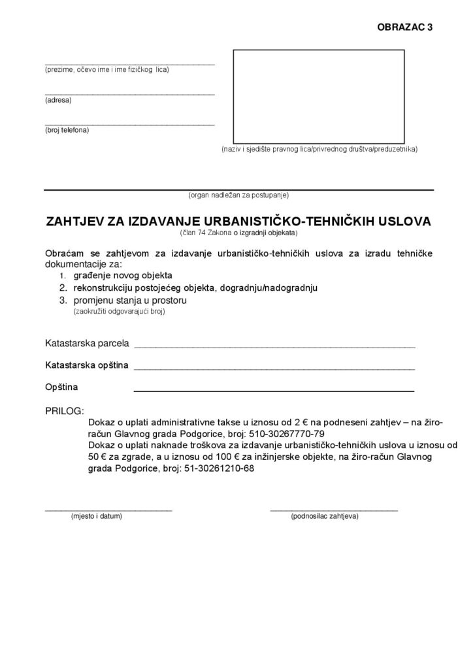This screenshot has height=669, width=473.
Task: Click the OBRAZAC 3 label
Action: (x=405, y=27)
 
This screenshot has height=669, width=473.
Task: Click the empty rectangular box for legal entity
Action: (x=319, y=95)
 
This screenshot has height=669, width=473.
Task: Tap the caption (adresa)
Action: (x=58, y=100)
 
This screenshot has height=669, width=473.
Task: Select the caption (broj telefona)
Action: (x=67, y=130)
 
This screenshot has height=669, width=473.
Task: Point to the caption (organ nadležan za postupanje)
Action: (x=238, y=195)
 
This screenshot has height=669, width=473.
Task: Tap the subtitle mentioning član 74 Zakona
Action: (x=238, y=233)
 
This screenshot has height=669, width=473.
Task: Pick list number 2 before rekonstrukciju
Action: (x=62, y=287)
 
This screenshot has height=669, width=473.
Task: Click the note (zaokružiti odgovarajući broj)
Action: (x=119, y=312)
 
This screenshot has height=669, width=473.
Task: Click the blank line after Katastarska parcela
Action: (x=274, y=346)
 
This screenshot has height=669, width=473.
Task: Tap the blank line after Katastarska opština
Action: (x=274, y=368)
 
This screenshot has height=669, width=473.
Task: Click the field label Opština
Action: (x=61, y=387)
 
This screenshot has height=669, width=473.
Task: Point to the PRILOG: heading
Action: (x=64, y=412)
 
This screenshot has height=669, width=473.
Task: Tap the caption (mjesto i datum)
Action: (x=97, y=516)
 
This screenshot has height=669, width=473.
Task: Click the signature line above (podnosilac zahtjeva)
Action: (x=334, y=509)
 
